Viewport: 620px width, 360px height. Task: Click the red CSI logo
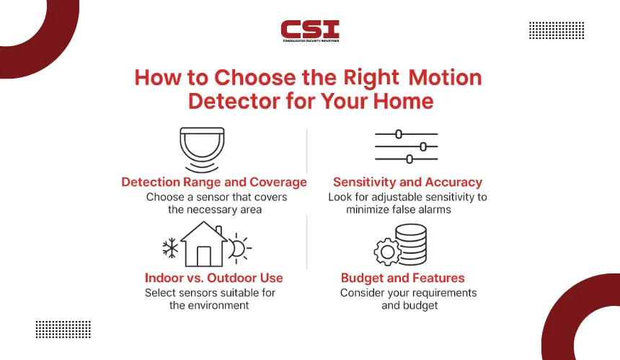(x=310, y=31)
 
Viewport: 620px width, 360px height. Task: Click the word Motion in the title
(x=445, y=77)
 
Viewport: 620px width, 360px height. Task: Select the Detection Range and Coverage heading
(x=214, y=182)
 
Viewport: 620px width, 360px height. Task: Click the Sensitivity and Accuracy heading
(x=407, y=182)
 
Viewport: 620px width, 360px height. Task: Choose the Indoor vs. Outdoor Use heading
(x=214, y=278)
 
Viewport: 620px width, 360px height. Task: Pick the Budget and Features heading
(x=402, y=278)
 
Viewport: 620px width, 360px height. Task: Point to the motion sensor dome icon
(x=202, y=149)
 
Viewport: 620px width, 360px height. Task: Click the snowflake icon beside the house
(x=170, y=248)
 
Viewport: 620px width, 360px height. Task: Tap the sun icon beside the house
(x=239, y=248)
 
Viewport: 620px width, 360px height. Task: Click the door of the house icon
(x=203, y=256)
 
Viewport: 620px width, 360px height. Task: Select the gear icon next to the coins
(x=387, y=252)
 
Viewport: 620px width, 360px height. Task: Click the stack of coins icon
(x=411, y=244)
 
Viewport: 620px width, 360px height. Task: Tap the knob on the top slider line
(x=399, y=134)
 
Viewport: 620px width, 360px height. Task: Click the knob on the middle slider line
(x=423, y=146)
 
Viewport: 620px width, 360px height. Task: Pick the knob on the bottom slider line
(x=409, y=159)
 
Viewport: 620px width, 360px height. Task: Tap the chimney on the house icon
(x=218, y=231)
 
